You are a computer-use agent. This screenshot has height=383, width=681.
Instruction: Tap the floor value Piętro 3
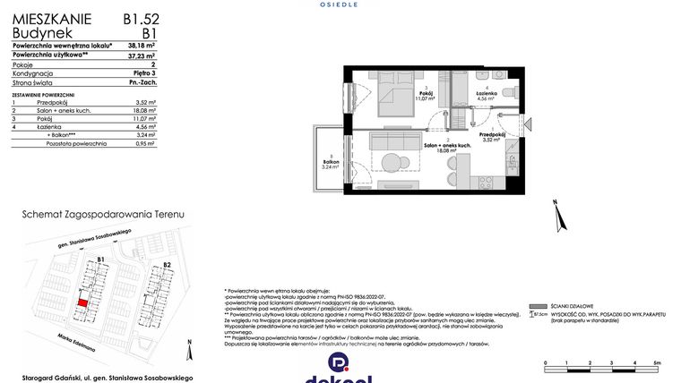coord(144,74)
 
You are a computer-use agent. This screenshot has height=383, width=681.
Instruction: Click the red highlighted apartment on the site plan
coord(82,303)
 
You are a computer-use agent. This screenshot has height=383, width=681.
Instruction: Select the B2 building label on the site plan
coord(167,266)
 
